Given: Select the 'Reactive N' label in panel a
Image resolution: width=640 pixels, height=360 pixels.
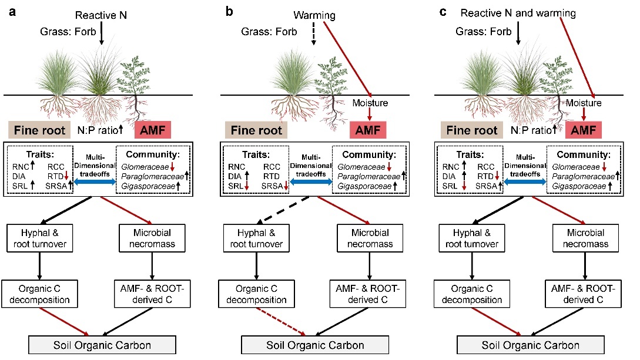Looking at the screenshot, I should tap(102, 14).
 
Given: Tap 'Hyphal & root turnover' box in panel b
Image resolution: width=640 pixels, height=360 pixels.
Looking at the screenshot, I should tap(253, 237).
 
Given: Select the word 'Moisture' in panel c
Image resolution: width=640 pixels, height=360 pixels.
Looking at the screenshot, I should tap(584, 103).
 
